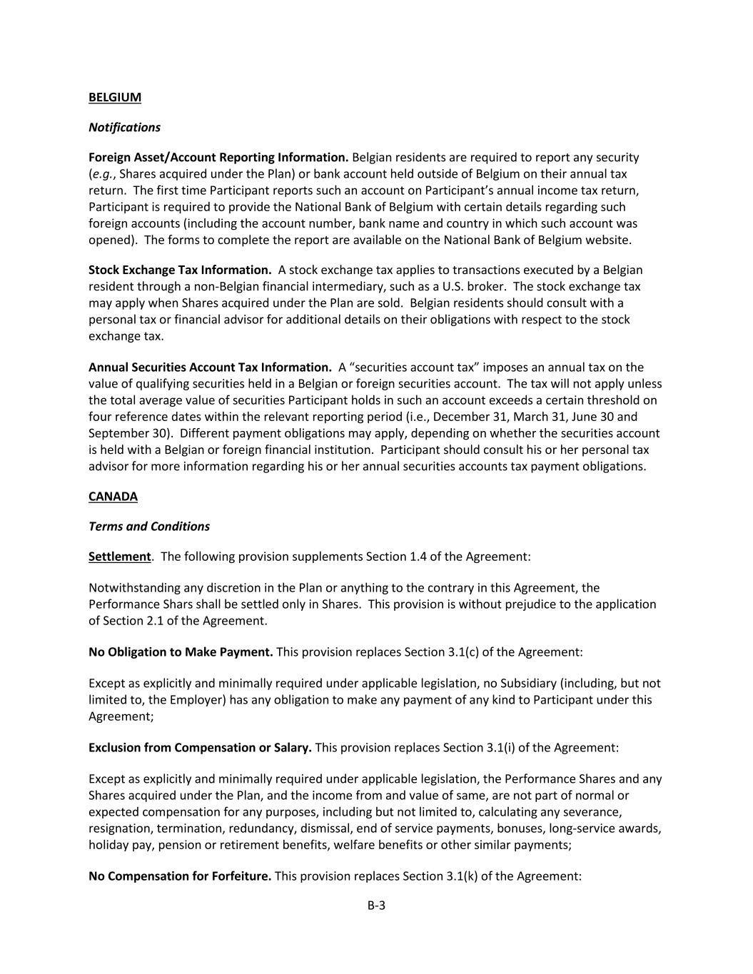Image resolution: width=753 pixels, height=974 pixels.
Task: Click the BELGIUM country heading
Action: pos(115,97)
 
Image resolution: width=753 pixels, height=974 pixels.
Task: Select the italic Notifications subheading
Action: pos(124,127)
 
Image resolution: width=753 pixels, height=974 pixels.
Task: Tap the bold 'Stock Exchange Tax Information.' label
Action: pos(180,270)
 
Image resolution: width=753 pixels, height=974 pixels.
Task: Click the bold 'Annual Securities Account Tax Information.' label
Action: pos(210,367)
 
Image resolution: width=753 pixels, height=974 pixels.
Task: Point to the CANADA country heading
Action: pos(113,496)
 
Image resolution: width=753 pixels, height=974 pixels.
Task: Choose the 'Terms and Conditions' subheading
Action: pos(149,526)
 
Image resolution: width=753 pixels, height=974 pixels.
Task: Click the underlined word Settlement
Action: pos(119,556)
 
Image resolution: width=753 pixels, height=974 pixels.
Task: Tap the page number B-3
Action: pos(376,905)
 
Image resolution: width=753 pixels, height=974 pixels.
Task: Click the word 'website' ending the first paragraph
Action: pos(607,240)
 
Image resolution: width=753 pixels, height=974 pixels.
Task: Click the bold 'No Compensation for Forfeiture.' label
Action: pos(180,876)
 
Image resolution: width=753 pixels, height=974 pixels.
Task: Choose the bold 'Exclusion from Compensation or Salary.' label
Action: pos(200,747)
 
